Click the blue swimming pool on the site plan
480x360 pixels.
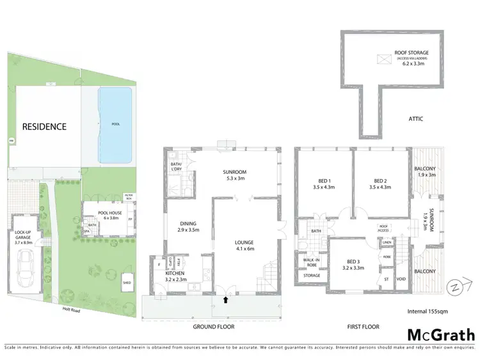coord(115,124)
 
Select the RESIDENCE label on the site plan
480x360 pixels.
coord(44,127)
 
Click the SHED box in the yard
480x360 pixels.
coord(128,280)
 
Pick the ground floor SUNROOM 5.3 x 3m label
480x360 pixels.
coord(234,175)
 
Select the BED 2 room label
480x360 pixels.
coord(381,184)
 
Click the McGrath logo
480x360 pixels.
coord(441,334)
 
